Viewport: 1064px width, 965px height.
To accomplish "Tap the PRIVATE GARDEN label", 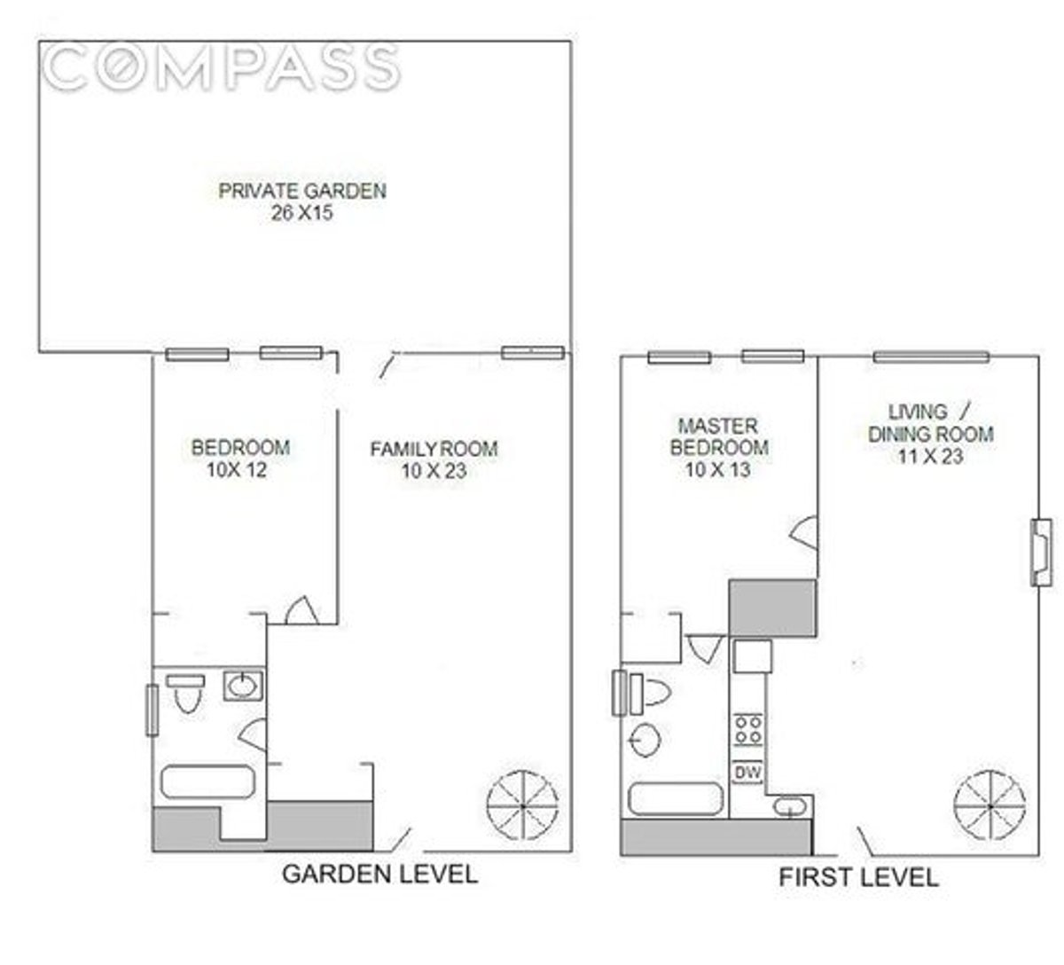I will (302, 190).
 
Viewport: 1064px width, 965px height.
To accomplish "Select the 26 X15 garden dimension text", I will (302, 213).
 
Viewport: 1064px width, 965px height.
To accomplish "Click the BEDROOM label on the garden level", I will (240, 447).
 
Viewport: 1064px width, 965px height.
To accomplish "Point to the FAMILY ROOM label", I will (434, 449).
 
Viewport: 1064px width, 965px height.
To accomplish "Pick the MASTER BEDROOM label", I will (718, 436).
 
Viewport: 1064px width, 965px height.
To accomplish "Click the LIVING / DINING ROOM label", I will (930, 423).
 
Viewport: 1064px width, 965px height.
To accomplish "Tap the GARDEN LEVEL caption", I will (379, 874).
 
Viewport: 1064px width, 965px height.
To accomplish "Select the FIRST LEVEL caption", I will (858, 877).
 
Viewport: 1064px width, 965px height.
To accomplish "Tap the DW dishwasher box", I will (747, 773).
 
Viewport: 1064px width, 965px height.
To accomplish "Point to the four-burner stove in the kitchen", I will (747, 730).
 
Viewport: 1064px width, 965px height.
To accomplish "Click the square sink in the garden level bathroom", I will (241, 685).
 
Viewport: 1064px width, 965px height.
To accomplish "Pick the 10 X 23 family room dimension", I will (434, 471).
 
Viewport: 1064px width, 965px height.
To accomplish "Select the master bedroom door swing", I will (804, 532).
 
